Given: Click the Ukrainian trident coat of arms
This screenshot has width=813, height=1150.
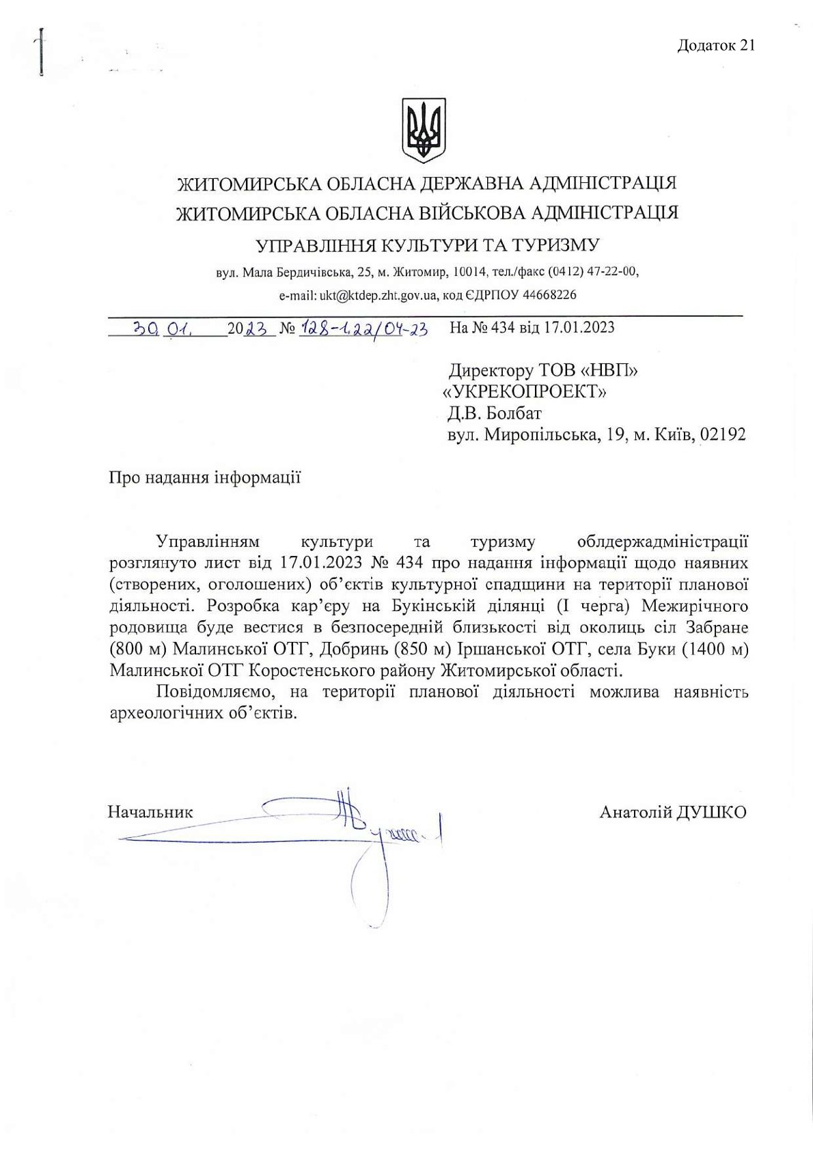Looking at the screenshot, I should (423, 130).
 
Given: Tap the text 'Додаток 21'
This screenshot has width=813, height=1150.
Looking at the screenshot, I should (715, 46).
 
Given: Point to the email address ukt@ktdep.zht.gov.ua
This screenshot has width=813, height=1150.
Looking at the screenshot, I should (378, 295).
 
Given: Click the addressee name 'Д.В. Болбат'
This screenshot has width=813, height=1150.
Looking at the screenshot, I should (495, 413).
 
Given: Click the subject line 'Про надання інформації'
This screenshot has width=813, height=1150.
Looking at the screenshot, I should (205, 477).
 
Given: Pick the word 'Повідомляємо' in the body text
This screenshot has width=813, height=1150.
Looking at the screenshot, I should (213, 692).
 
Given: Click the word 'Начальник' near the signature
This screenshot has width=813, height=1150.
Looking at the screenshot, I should (150, 812).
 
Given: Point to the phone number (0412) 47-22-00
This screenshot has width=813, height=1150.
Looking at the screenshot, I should (593, 272).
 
